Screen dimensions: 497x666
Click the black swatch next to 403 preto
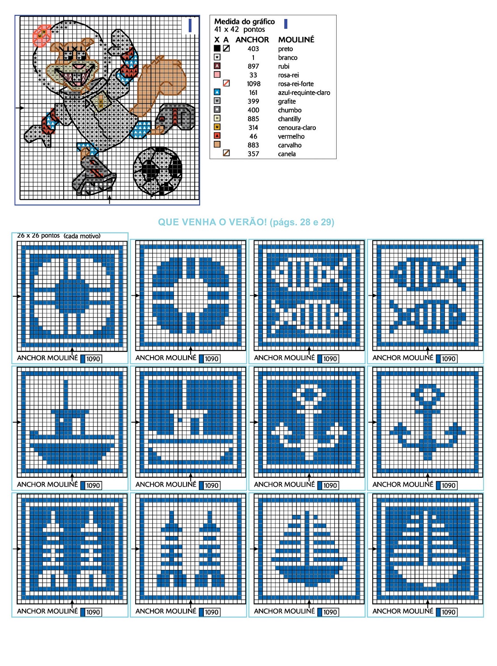(217, 48)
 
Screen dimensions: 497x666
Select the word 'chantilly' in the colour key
(289, 119)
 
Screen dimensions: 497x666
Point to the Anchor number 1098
(253, 84)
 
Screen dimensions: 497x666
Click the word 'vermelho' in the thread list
(291, 136)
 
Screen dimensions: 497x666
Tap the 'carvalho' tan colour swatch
(217, 144)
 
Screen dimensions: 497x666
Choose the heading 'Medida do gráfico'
(244, 22)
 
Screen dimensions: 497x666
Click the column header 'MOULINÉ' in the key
(296, 39)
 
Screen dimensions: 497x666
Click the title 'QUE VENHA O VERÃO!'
(212, 222)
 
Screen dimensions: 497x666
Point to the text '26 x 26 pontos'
(38, 235)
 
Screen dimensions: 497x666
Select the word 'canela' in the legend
(286, 154)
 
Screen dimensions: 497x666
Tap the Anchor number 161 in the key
(253, 93)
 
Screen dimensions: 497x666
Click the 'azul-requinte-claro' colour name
(304, 93)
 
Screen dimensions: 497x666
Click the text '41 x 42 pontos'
(239, 29)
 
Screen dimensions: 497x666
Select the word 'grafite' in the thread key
(286, 101)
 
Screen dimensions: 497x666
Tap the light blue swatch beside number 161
(217, 92)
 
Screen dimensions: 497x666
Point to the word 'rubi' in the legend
(284, 66)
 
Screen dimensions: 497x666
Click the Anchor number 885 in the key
(253, 119)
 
